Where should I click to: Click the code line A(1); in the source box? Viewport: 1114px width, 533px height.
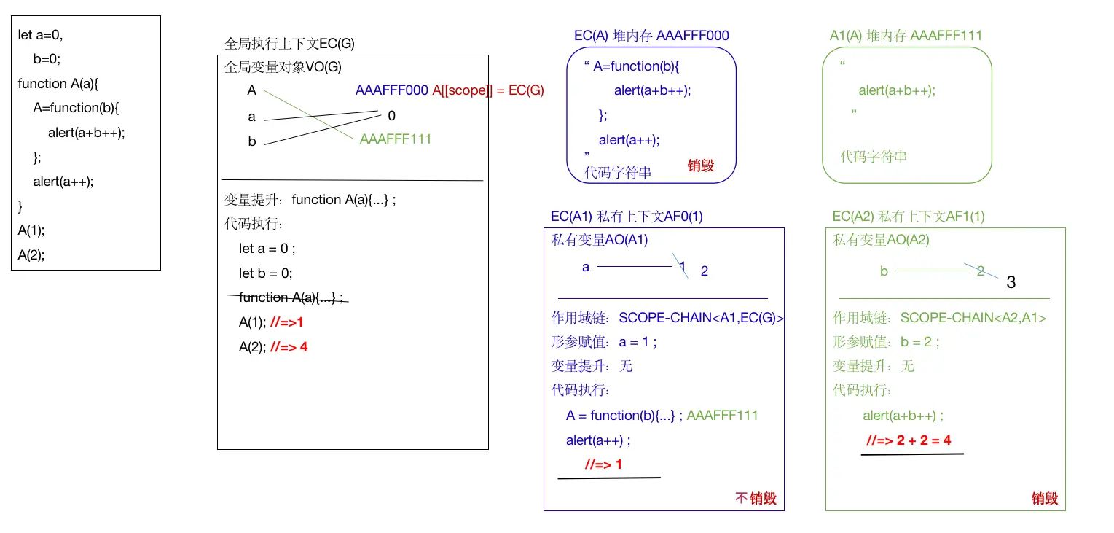(x=31, y=230)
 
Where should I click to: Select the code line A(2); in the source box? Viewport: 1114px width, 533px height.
(x=31, y=255)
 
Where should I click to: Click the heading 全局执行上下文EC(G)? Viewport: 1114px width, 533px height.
(x=289, y=44)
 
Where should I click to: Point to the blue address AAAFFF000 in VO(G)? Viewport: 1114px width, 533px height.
(x=391, y=90)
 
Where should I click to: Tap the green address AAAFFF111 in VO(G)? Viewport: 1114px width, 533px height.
(x=396, y=139)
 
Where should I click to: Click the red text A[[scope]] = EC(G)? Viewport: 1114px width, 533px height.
(x=488, y=90)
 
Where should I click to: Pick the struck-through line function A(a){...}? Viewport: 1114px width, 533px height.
(x=291, y=297)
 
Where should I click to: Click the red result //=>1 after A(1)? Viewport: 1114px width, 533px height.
(x=286, y=322)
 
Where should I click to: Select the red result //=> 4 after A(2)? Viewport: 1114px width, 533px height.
(x=289, y=347)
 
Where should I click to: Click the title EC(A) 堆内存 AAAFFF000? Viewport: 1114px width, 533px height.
(x=651, y=35)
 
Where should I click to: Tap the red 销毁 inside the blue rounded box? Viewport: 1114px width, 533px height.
(x=701, y=166)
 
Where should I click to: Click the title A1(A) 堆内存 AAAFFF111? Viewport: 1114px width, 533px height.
(x=906, y=35)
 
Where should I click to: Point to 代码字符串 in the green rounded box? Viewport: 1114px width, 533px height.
(x=874, y=157)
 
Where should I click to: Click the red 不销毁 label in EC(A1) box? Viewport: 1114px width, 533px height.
(x=756, y=498)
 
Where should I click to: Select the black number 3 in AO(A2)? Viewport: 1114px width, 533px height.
(x=1011, y=282)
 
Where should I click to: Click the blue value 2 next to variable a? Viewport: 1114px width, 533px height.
(x=705, y=271)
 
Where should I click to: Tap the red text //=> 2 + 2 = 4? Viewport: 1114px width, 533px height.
(x=908, y=440)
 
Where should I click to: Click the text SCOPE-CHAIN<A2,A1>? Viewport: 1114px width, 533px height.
(x=973, y=317)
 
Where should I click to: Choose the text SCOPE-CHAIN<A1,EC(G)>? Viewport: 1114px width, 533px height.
(x=701, y=317)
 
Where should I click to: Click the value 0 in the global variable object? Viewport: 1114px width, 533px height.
(x=392, y=115)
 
